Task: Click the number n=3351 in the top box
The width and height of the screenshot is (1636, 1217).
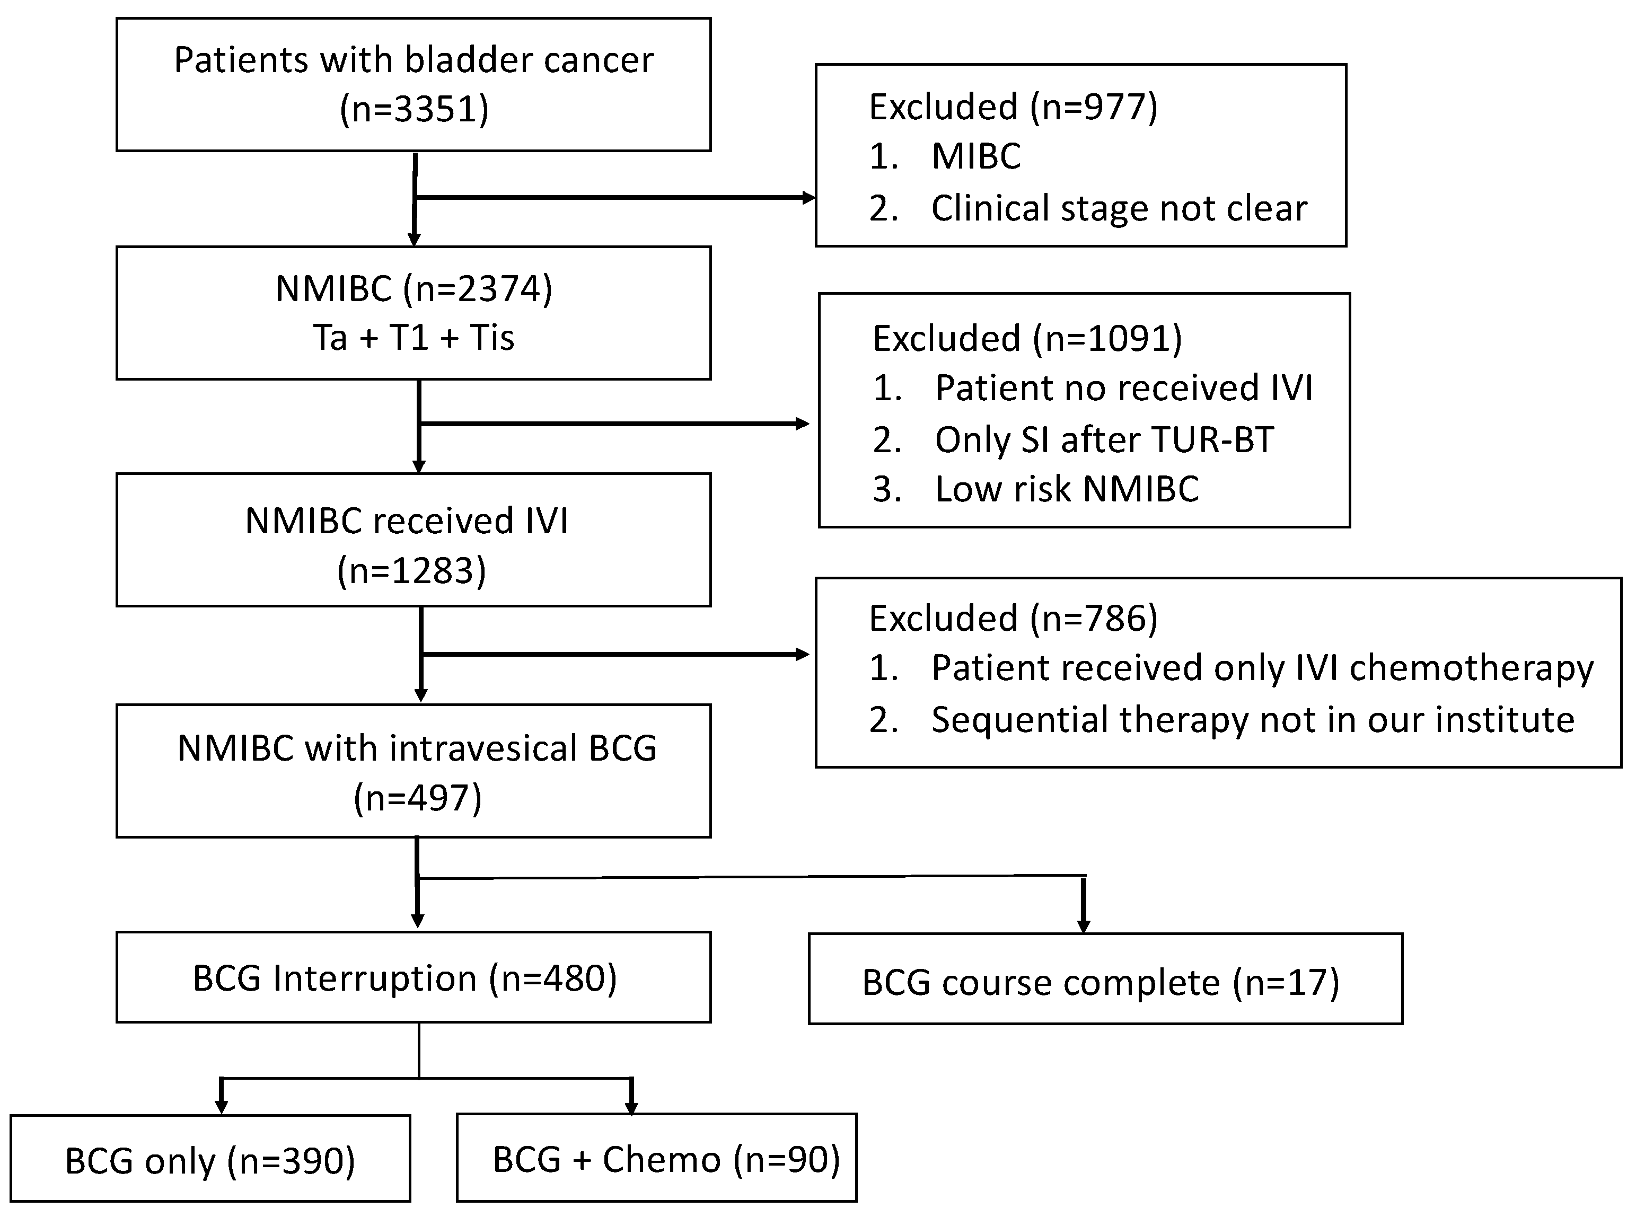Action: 414,109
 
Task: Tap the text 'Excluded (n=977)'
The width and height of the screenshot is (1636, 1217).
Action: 1013,107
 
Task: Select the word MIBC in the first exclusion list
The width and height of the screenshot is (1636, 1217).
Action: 976,156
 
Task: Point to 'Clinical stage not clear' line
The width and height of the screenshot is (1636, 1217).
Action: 1118,208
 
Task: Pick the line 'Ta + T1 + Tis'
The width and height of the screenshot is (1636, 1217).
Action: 414,338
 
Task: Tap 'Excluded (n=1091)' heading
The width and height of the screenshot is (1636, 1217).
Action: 1027,339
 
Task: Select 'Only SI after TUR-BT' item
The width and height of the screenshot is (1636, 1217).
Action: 1103,440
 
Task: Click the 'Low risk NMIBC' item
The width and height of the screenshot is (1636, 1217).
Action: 1067,489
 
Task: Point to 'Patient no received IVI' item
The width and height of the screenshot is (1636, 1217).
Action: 1123,388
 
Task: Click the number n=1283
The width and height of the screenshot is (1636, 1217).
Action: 412,571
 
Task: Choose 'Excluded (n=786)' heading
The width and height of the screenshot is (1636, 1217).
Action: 1013,618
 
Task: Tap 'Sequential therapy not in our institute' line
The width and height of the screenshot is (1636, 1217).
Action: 1252,720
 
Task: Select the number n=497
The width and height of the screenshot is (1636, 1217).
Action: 418,798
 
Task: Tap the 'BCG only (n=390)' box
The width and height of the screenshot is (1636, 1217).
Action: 210,1161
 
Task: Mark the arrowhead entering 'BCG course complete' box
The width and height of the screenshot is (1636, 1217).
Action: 1084,925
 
